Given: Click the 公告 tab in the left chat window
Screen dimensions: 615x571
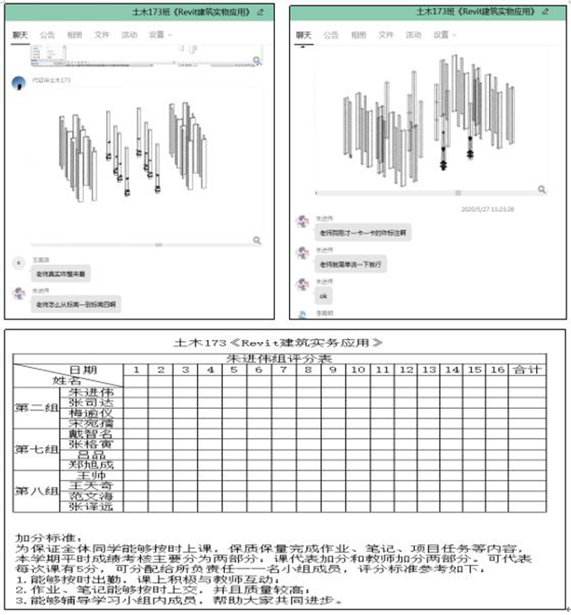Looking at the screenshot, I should [x=47, y=35].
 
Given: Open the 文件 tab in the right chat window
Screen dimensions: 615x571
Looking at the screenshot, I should [x=385, y=35].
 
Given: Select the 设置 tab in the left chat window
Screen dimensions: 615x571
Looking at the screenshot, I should [x=159, y=35].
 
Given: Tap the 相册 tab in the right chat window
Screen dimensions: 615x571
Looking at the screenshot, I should [x=358, y=35].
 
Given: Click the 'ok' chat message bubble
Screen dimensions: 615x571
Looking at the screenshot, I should [x=324, y=295].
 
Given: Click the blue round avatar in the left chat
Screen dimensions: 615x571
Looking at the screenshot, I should [x=18, y=81].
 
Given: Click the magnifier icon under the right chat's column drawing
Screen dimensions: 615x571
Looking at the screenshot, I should [x=542, y=189].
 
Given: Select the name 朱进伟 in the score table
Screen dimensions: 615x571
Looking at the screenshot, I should [x=92, y=390].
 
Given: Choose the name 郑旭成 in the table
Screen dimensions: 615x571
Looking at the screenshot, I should [x=92, y=464].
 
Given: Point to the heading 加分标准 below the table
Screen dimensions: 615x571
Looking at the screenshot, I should [x=39, y=537].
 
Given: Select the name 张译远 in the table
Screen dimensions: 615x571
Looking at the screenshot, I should [x=92, y=507].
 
